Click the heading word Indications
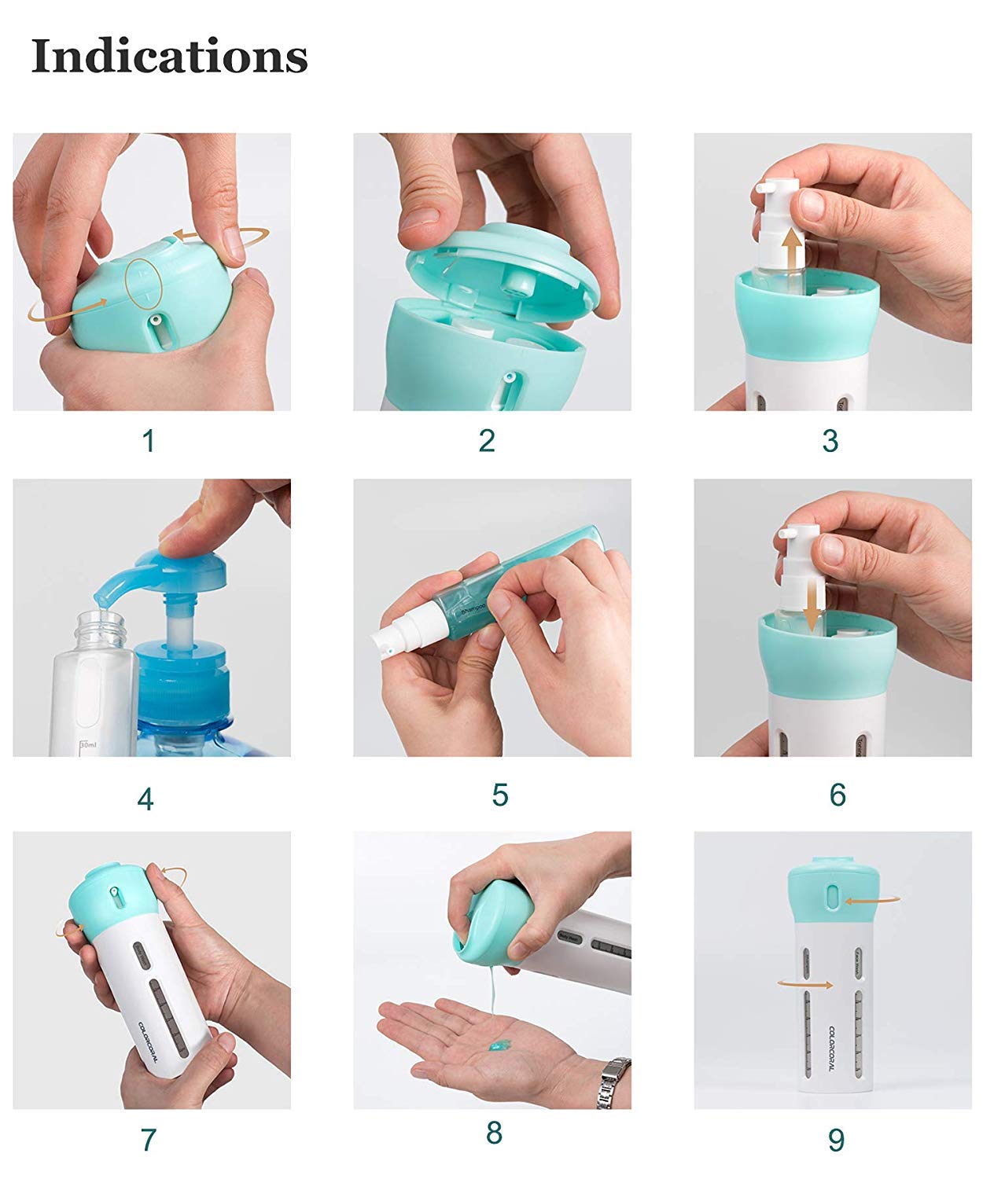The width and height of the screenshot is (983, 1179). pos(169,56)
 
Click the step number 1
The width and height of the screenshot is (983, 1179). pos(149,441)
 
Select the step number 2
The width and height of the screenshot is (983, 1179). pos(487,441)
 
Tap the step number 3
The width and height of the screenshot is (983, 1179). pos(830,441)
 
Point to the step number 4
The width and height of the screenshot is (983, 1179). pos(145,799)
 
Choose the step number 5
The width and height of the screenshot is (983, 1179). pos(500,795)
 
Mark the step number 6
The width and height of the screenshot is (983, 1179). pos(838,795)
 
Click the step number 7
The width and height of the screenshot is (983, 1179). pos(148,1139)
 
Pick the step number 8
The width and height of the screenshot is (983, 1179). pos(494,1133)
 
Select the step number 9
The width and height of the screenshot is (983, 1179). pos(836,1139)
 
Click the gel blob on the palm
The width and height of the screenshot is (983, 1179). pos(496,1045)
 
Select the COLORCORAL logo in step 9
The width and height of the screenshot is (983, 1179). pos(834,1053)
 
